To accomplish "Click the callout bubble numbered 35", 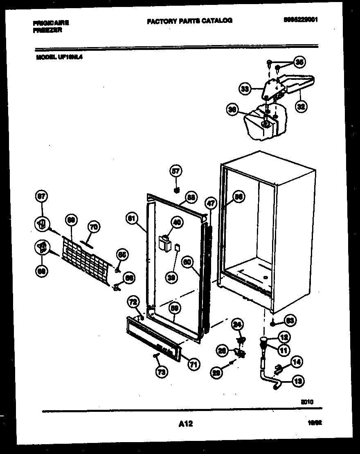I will pyautogui.click(x=299, y=63).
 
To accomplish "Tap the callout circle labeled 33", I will pyautogui.click(x=245, y=89).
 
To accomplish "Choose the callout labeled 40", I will pyautogui.click(x=176, y=223).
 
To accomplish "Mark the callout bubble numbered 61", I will pyautogui.click(x=131, y=219).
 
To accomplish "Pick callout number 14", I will pyautogui.click(x=297, y=362).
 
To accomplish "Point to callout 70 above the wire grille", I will pyautogui.click(x=94, y=226).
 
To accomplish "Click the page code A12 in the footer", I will pyautogui.click(x=185, y=425).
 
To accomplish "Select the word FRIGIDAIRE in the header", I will pyautogui.click(x=51, y=23).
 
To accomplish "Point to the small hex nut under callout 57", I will pyautogui.click(x=176, y=190).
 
